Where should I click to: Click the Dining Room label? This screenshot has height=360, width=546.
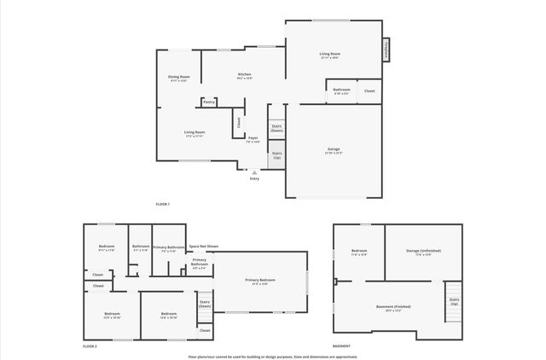[x=178, y=79]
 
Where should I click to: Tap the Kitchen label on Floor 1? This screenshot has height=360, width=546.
[x=244, y=77]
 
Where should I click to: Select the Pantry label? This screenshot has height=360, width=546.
[x=209, y=102]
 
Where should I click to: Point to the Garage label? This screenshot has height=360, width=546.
[x=333, y=150]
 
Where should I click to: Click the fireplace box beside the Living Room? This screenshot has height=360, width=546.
[x=386, y=50]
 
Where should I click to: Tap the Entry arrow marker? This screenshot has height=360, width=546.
[x=254, y=171]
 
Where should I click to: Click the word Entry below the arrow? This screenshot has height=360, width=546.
[x=254, y=178]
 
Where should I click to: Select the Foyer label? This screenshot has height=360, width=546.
[x=253, y=139]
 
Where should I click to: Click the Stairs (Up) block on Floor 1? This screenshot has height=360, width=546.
[x=276, y=155]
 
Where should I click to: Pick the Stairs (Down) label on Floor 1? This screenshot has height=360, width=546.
[x=276, y=128]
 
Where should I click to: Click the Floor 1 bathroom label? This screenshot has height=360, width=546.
[x=341, y=90]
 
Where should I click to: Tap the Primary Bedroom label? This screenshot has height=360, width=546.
[x=260, y=282]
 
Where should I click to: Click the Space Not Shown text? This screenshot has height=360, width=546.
[x=204, y=247]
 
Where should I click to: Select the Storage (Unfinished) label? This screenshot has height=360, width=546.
[x=424, y=253]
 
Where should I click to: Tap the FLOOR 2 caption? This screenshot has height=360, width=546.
[x=90, y=345]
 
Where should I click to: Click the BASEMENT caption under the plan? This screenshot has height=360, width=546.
[x=341, y=345]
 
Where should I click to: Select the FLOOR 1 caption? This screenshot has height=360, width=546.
[x=162, y=204]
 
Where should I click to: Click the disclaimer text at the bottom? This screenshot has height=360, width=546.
[x=273, y=356]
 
